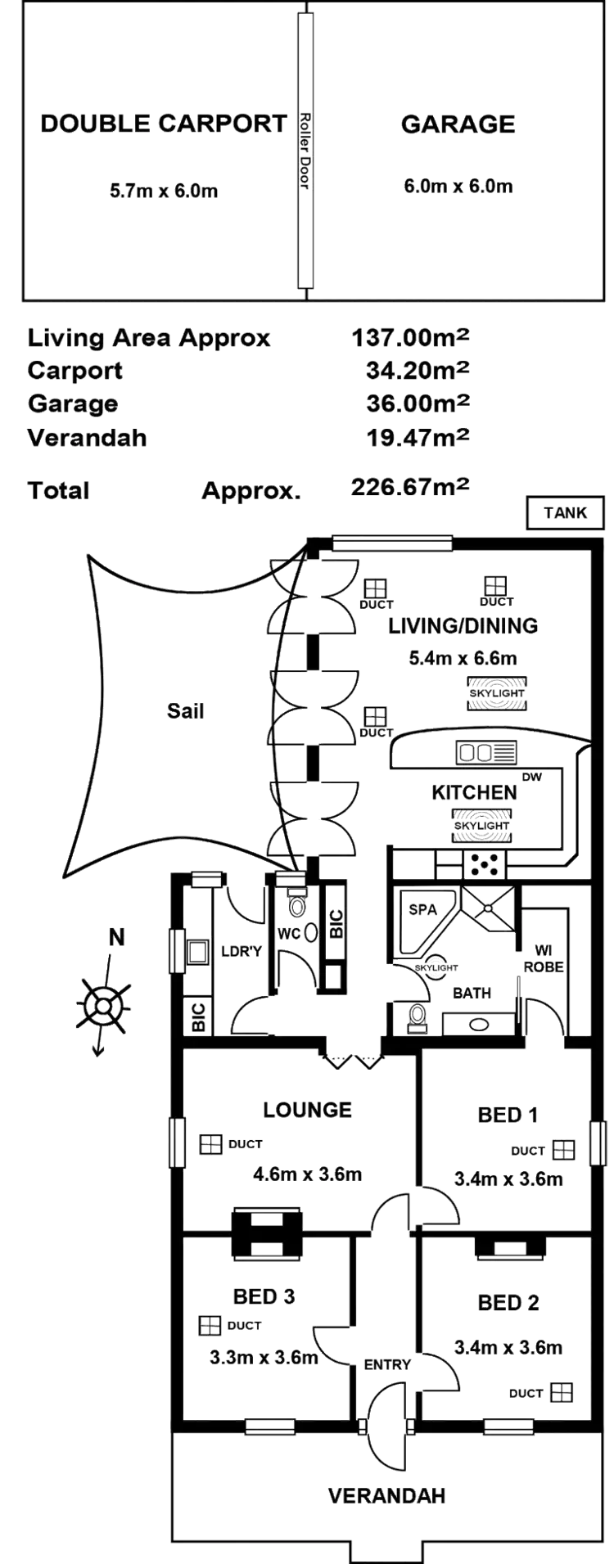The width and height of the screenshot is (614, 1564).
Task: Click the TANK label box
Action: [x=566, y=513]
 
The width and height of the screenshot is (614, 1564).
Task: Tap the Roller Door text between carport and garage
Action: [x=304, y=153]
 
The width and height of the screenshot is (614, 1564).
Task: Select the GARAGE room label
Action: [x=458, y=124]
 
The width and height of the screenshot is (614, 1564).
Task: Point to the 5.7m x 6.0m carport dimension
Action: [x=165, y=191]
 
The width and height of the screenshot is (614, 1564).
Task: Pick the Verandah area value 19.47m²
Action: [x=418, y=437]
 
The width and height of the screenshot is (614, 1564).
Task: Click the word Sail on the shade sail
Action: [x=183, y=710]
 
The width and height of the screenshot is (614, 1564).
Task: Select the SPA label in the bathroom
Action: [x=423, y=909]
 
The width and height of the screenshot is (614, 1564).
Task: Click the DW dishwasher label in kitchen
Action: [x=532, y=777]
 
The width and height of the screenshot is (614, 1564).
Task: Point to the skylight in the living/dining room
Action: [x=496, y=692]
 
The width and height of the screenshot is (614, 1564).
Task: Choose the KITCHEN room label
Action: [x=475, y=792]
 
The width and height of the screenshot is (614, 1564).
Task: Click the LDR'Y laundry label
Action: [x=242, y=951]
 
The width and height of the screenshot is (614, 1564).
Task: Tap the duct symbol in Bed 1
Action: [x=562, y=1150]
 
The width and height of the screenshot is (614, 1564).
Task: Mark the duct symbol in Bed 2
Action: [x=561, y=1392]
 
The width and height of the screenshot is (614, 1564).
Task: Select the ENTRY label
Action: [x=387, y=1364]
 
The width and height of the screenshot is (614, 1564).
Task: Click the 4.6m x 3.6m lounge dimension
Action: [x=307, y=1174]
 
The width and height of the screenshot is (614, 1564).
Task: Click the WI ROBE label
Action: [x=542, y=958]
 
